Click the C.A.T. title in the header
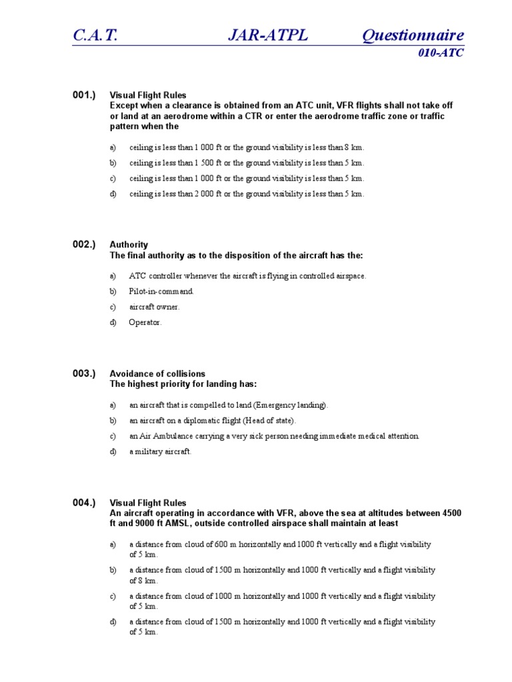(x=95, y=35)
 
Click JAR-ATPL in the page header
(x=267, y=35)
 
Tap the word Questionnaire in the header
(x=413, y=35)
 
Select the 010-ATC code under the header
(x=440, y=53)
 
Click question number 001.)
(x=84, y=95)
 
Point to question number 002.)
(x=84, y=244)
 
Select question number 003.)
(x=84, y=374)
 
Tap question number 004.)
(x=84, y=503)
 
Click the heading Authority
(x=129, y=244)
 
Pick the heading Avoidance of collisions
(x=157, y=374)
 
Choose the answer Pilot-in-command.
(x=161, y=292)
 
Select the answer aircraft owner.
(x=155, y=307)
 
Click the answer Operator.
(x=145, y=323)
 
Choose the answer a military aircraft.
(x=160, y=452)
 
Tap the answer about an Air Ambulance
(x=274, y=436)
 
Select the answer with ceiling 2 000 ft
(x=247, y=194)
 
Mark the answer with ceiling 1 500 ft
(x=247, y=163)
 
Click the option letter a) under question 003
(x=113, y=405)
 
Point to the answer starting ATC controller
(x=247, y=276)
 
